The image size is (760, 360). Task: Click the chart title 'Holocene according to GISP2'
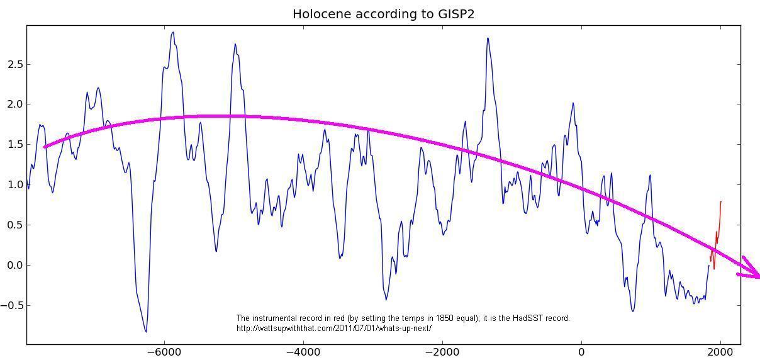pyautogui.click(x=383, y=14)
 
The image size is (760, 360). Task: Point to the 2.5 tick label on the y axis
pyautogui.click(x=14, y=64)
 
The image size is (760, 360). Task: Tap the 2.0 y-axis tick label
pyautogui.click(x=14, y=104)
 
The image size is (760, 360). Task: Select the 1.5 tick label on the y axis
pyautogui.click(x=14, y=145)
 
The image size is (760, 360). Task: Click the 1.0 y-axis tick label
pyautogui.click(x=14, y=185)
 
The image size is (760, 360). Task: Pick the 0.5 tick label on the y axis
pyautogui.click(x=14, y=225)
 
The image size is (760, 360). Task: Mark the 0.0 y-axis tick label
pyautogui.click(x=14, y=266)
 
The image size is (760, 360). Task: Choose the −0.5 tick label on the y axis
pyautogui.click(x=12, y=306)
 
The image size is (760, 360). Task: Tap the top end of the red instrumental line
pyautogui.click(x=721, y=202)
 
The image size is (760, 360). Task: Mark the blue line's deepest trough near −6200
pyautogui.click(x=146, y=331)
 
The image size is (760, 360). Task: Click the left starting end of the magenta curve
pyautogui.click(x=45, y=147)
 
